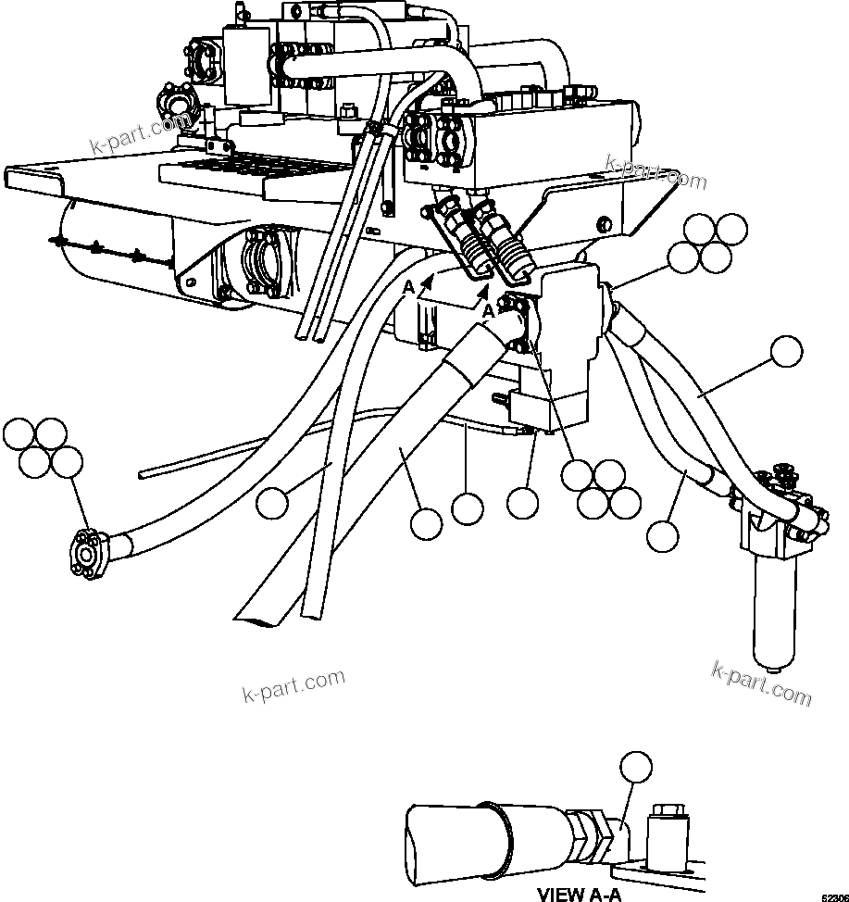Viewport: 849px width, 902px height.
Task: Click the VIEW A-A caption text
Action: (579, 894)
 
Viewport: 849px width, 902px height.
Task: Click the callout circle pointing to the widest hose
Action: (426, 524)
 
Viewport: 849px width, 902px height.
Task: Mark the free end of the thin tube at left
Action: (143, 474)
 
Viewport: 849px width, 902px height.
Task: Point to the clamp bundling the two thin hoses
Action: (372, 130)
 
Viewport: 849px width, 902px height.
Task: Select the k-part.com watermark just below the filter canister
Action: (761, 683)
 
